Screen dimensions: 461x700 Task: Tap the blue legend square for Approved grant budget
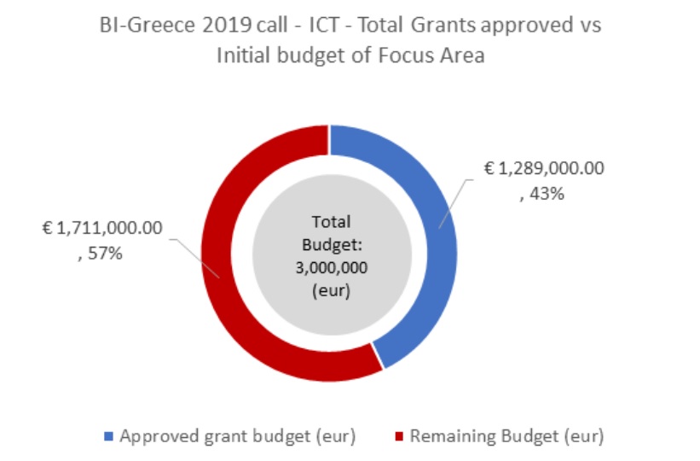(108, 436)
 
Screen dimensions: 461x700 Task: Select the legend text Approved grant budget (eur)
(237, 436)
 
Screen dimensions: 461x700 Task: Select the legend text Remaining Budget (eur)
(506, 436)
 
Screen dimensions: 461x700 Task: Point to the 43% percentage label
(547, 194)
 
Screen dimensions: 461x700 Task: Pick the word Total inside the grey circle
(329, 220)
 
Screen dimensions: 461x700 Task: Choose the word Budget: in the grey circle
(329, 245)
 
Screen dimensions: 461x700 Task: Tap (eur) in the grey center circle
(329, 290)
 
